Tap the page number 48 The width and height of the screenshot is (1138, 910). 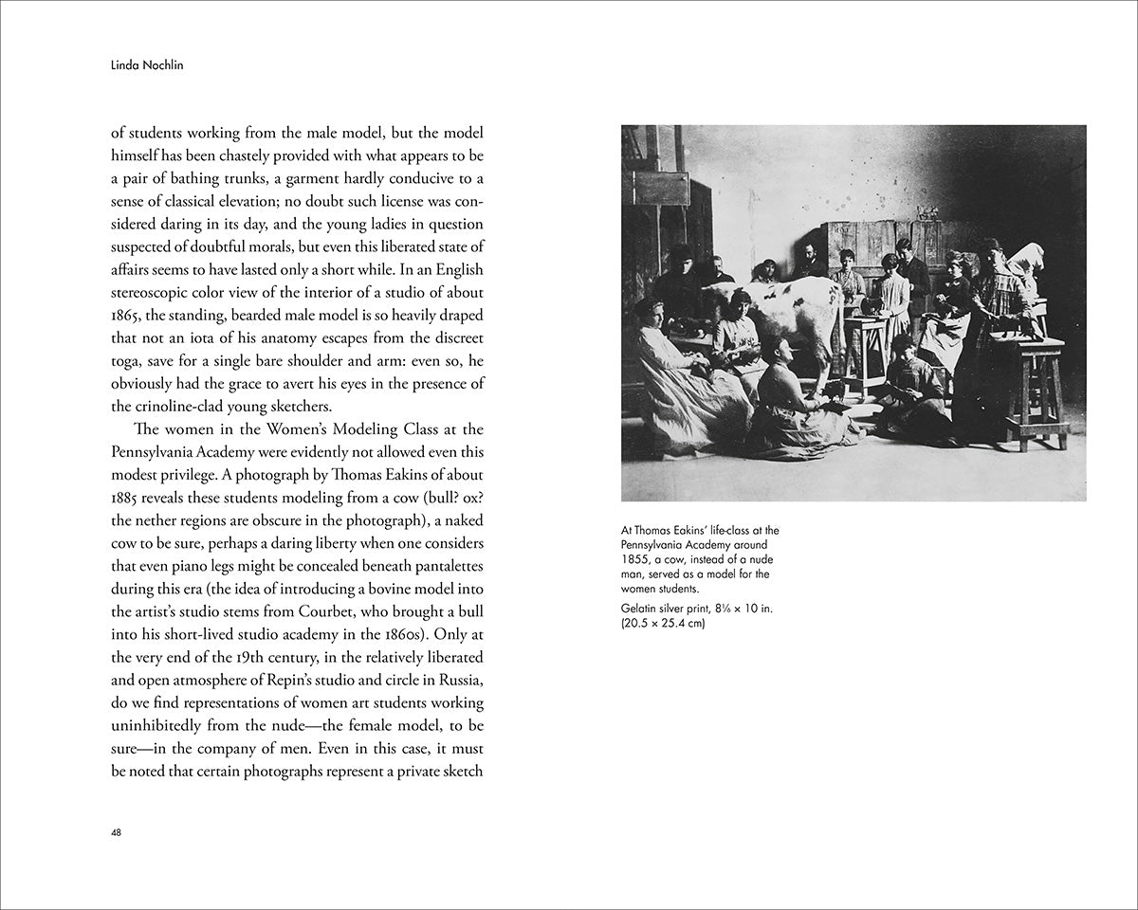click(116, 832)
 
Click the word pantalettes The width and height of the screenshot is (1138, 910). click(445, 565)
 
